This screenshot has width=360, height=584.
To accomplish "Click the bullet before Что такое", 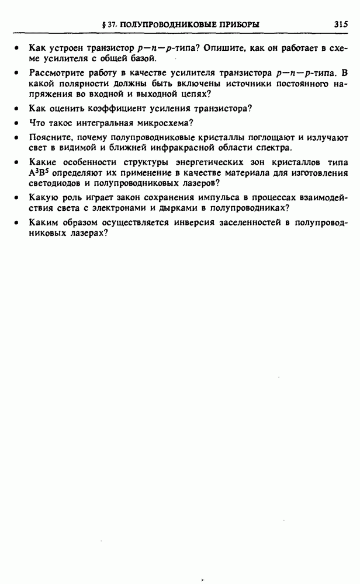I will tap(18, 123).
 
